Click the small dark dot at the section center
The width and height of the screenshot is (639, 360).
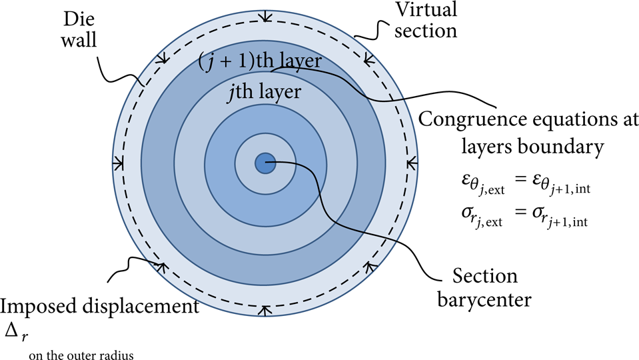click(x=265, y=163)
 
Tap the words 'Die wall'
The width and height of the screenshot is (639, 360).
click(x=79, y=29)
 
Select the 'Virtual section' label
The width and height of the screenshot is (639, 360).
click(x=426, y=20)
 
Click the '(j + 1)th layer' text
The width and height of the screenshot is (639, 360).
click(x=260, y=61)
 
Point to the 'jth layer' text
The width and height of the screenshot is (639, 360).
click(x=265, y=91)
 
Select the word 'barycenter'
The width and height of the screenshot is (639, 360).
click(x=484, y=299)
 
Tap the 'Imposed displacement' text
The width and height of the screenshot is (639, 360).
click(x=100, y=307)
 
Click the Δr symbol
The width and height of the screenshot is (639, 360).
click(x=17, y=332)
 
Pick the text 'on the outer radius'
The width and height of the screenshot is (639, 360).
click(x=81, y=355)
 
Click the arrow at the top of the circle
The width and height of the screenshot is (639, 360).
click(x=266, y=15)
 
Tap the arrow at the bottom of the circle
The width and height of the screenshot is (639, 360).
click(x=265, y=311)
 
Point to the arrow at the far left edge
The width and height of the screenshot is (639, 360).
click(x=118, y=164)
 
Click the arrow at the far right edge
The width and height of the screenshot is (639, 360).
click(x=412, y=164)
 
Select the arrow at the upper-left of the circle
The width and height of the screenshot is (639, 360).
click(x=162, y=58)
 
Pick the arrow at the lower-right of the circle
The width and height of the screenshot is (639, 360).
click(x=369, y=268)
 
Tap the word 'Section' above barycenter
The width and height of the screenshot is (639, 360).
click(x=485, y=276)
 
